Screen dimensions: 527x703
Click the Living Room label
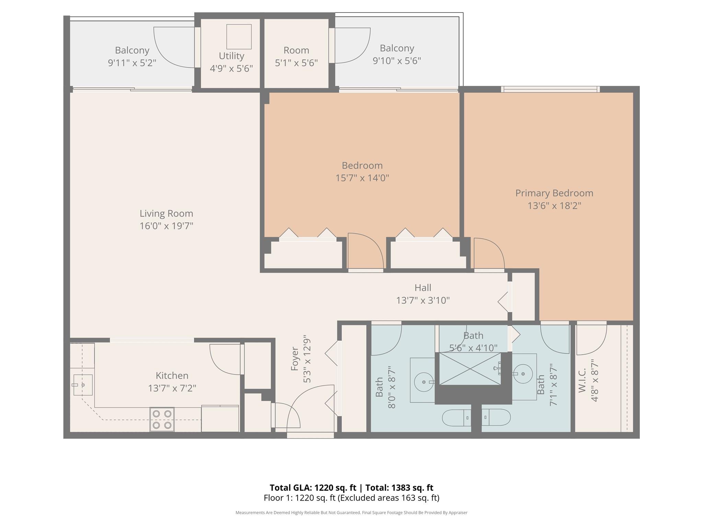click(166, 213)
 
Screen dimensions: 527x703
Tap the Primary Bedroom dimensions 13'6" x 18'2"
click(554, 206)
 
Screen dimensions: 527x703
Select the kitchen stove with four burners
click(162, 419)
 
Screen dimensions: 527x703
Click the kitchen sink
click(82, 385)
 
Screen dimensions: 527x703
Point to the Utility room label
click(231, 56)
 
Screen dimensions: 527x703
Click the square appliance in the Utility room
click(239, 37)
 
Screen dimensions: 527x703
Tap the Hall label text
click(423, 288)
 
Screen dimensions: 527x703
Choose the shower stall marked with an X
click(470, 368)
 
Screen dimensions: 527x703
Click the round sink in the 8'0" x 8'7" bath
click(424, 382)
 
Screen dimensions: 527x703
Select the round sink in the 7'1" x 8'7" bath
click(523, 374)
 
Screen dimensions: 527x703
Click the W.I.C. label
click(582, 380)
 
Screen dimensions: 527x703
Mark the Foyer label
click(295, 359)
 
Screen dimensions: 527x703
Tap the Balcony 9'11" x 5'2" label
click(132, 50)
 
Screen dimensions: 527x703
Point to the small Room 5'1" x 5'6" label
click(296, 50)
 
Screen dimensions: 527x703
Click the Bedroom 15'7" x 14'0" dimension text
click(362, 178)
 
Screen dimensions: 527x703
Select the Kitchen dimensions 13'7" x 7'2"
click(172, 388)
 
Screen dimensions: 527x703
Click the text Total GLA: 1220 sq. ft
click(313, 488)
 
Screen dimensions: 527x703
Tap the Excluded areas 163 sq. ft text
click(388, 498)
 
